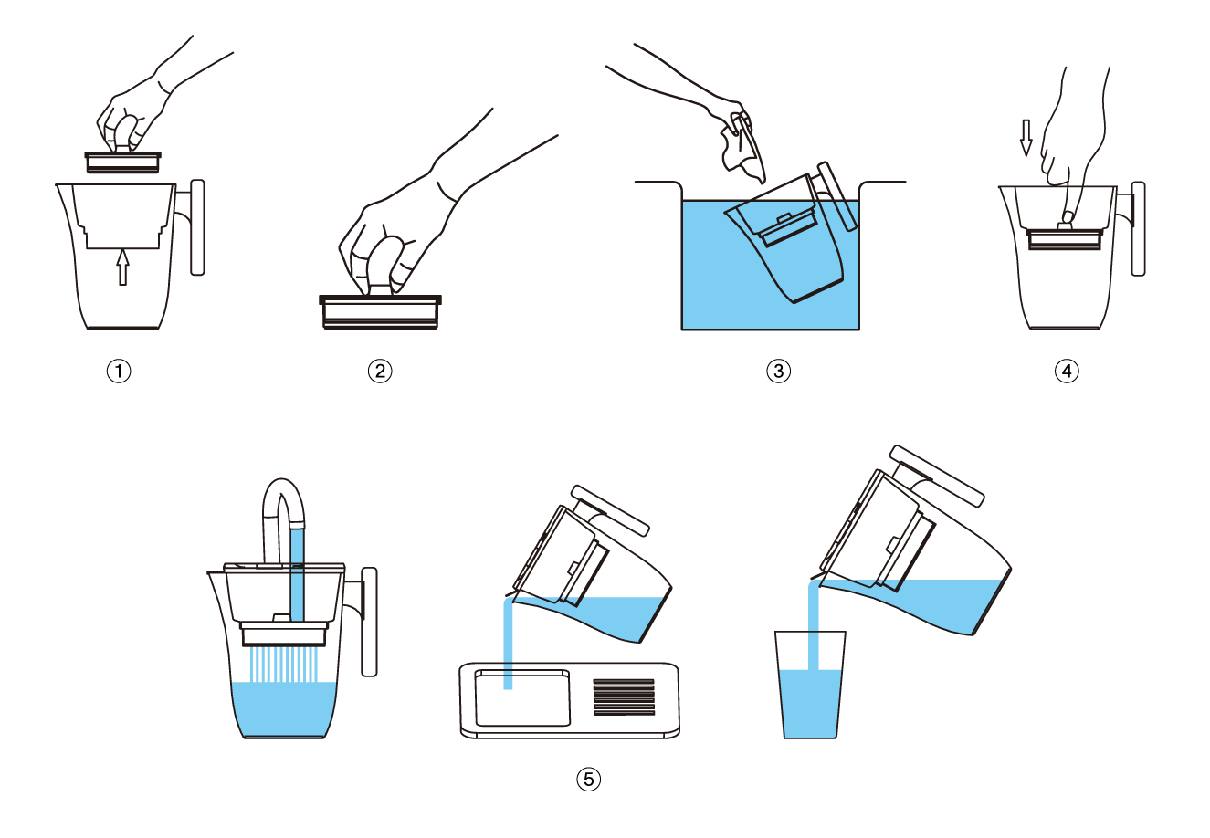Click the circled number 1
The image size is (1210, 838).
[x=119, y=372]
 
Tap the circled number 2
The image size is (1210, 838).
[x=380, y=372]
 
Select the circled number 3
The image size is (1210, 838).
[x=778, y=372]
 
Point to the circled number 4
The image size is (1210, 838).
[x=1067, y=372]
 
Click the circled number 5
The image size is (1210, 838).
[x=588, y=780]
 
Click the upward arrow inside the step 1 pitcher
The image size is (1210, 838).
[x=123, y=267]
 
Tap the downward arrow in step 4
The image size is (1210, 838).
[x=1026, y=138]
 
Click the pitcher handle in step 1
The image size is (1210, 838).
[x=197, y=227]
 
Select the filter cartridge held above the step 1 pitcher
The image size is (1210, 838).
[x=123, y=162]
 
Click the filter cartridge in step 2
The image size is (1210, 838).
[x=380, y=311]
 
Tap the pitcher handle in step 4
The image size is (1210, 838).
[x=1138, y=228]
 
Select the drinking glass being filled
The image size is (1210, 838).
[x=810, y=684]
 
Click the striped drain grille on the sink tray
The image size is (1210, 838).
[x=624, y=697]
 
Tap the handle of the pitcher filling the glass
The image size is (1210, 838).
[x=937, y=476]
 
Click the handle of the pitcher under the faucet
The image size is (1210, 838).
[x=368, y=622]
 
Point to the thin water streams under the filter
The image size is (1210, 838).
[x=284, y=665]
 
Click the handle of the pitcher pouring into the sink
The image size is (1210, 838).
[x=610, y=510]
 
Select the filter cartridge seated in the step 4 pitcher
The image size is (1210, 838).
[x=1065, y=238]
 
